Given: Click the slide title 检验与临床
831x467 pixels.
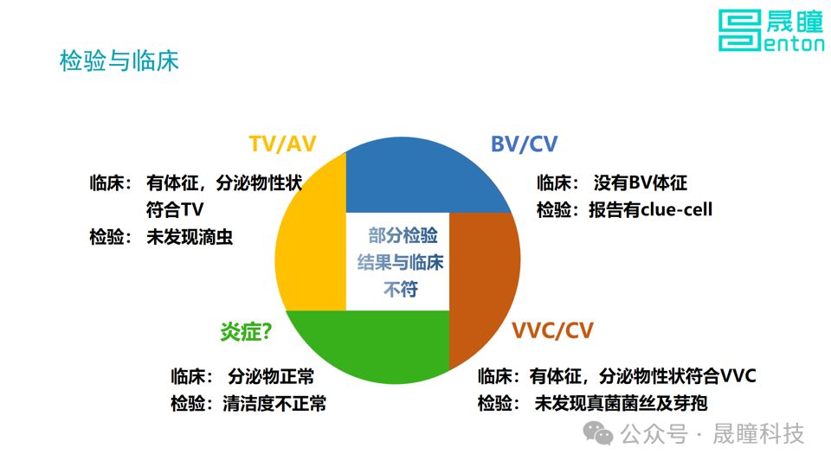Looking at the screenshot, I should [119, 61].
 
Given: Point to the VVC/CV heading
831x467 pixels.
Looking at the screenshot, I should [552, 331].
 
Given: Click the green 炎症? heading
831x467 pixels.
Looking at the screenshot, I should [246, 331].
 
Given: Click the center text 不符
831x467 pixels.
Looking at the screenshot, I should [400, 289].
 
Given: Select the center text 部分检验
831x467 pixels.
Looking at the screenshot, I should [403, 236].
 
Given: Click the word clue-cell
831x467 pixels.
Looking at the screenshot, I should [673, 209].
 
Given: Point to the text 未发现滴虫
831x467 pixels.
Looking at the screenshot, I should [190, 237].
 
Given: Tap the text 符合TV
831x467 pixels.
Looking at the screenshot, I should [174, 210].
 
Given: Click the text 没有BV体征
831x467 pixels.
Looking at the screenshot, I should [640, 183].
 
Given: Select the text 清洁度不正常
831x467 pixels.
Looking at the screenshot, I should [274, 403].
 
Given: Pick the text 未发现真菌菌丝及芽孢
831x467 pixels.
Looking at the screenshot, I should [621, 403].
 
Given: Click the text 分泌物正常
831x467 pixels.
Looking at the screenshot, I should [271, 377].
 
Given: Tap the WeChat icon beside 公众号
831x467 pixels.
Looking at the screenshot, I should [598, 432].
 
